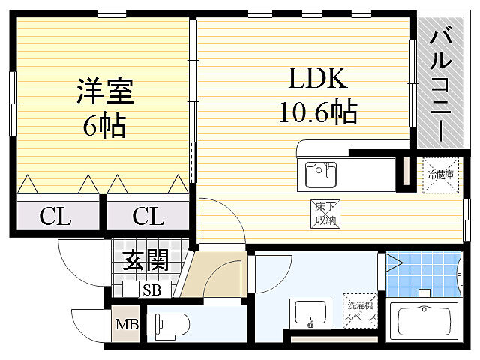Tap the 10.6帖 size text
(318, 112)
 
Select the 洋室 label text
(104, 91)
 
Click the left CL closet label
(55, 217)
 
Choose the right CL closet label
(148, 217)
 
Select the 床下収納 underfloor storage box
(323, 214)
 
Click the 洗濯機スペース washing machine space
(360, 311)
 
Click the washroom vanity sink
(310, 313)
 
